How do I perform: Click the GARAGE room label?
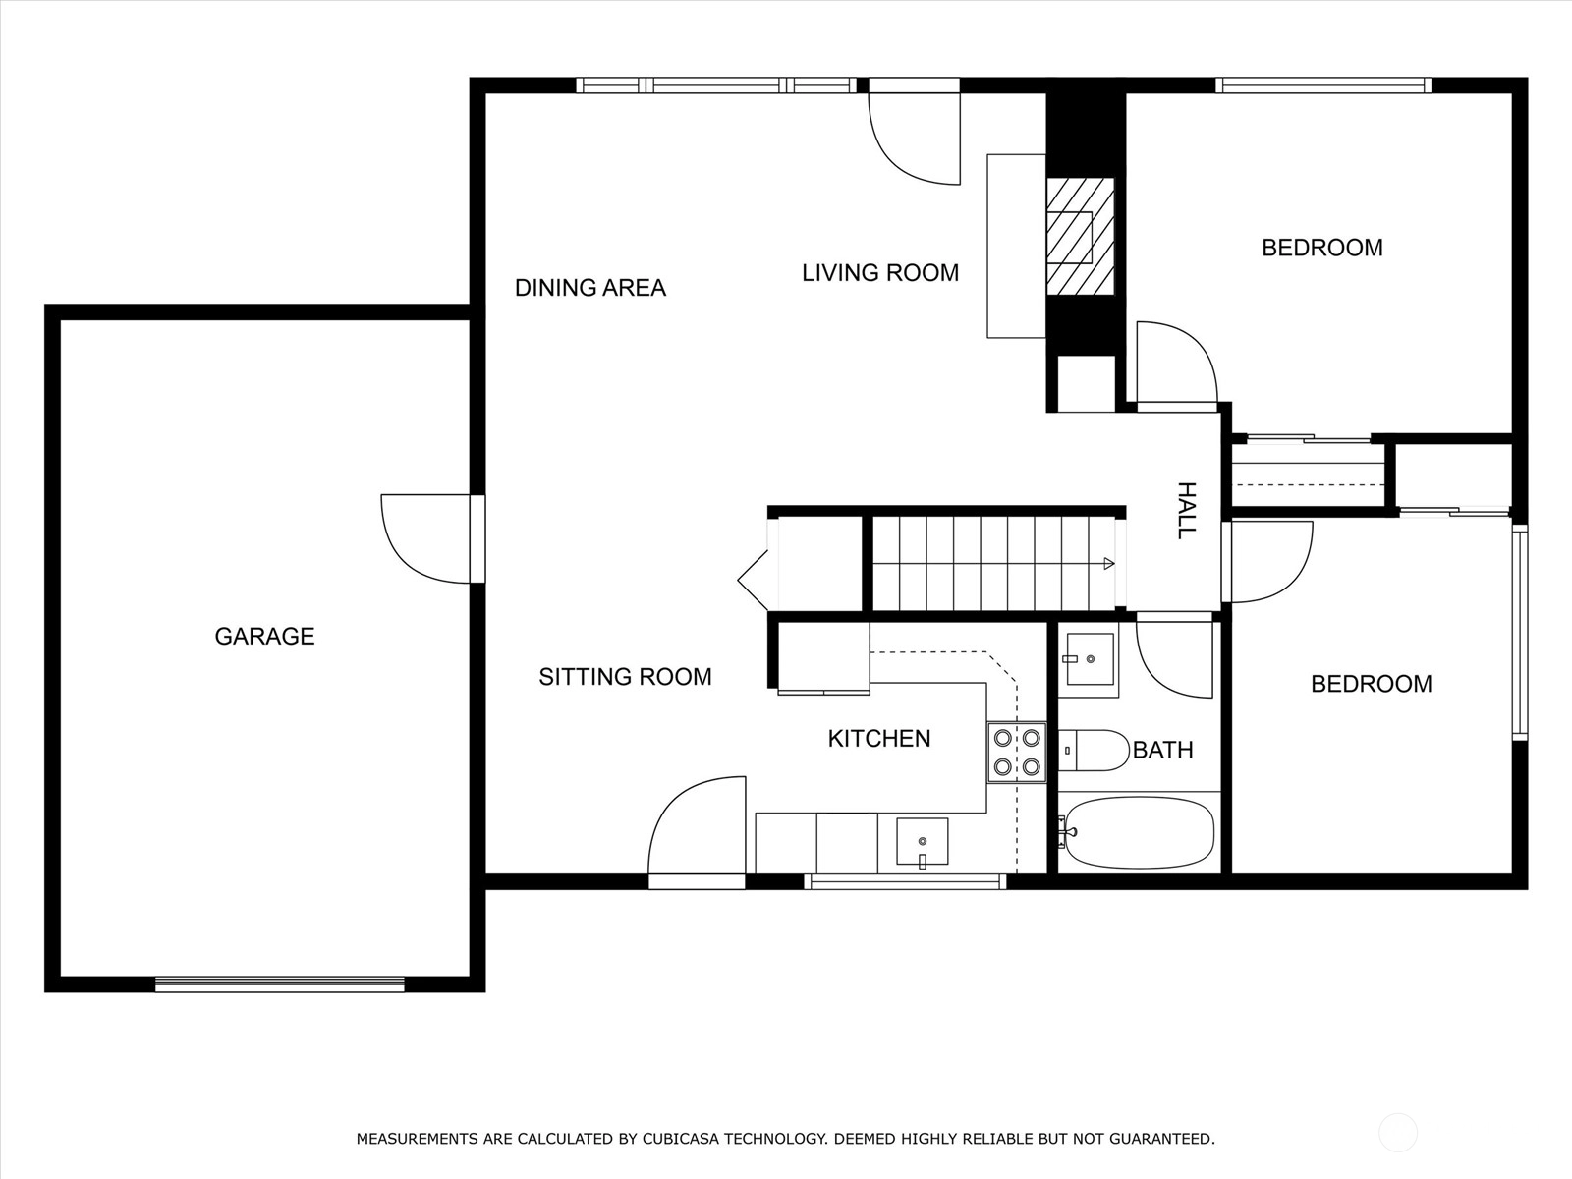264,637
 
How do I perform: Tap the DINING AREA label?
590,288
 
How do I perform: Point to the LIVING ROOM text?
880,273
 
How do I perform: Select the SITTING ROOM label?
625,677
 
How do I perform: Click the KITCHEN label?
879,738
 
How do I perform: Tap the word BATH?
1163,750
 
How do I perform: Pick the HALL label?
1187,510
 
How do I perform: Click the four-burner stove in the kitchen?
1017,753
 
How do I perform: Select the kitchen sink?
923,842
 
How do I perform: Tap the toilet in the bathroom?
1094,751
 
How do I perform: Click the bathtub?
1140,832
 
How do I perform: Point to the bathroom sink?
1088,659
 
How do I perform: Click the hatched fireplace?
1080,236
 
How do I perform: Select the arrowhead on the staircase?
1108,563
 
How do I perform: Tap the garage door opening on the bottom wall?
280,984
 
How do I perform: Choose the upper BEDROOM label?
1322,248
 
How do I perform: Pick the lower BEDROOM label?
1372,684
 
